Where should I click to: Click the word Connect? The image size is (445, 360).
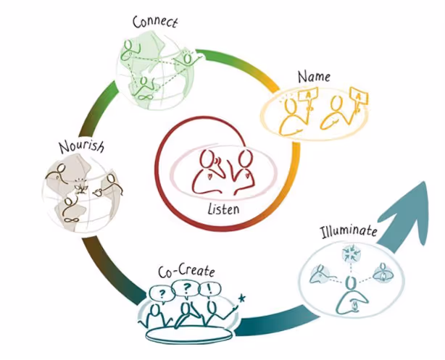(155, 22)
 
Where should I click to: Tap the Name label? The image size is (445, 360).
(313, 75)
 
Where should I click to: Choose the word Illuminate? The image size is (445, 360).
(349, 233)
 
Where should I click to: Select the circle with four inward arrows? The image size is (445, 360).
(352, 255)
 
